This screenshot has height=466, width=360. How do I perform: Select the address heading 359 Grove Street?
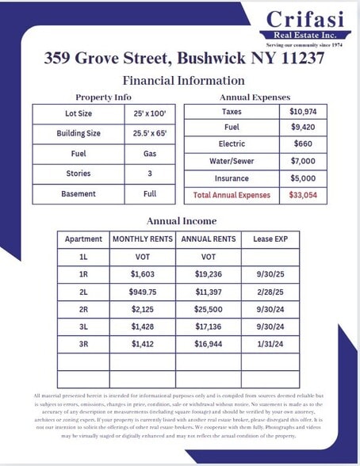(x=183, y=58)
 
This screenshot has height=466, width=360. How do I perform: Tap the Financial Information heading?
(x=183, y=80)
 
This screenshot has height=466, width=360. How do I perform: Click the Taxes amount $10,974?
(x=306, y=112)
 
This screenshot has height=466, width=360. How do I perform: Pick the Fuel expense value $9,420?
(x=306, y=128)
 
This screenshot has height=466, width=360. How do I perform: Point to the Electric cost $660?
(x=306, y=144)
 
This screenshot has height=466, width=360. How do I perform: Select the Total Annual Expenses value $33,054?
(x=306, y=194)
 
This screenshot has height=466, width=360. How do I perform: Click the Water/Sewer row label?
(x=232, y=161)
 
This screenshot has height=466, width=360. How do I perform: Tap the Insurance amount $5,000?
(x=306, y=178)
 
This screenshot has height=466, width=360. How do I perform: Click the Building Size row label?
(x=78, y=133)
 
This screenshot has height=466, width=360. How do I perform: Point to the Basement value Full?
(x=149, y=193)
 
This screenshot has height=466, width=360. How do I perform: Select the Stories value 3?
(x=149, y=173)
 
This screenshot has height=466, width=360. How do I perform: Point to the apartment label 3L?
(x=83, y=328)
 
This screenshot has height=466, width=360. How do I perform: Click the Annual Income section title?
(x=182, y=220)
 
